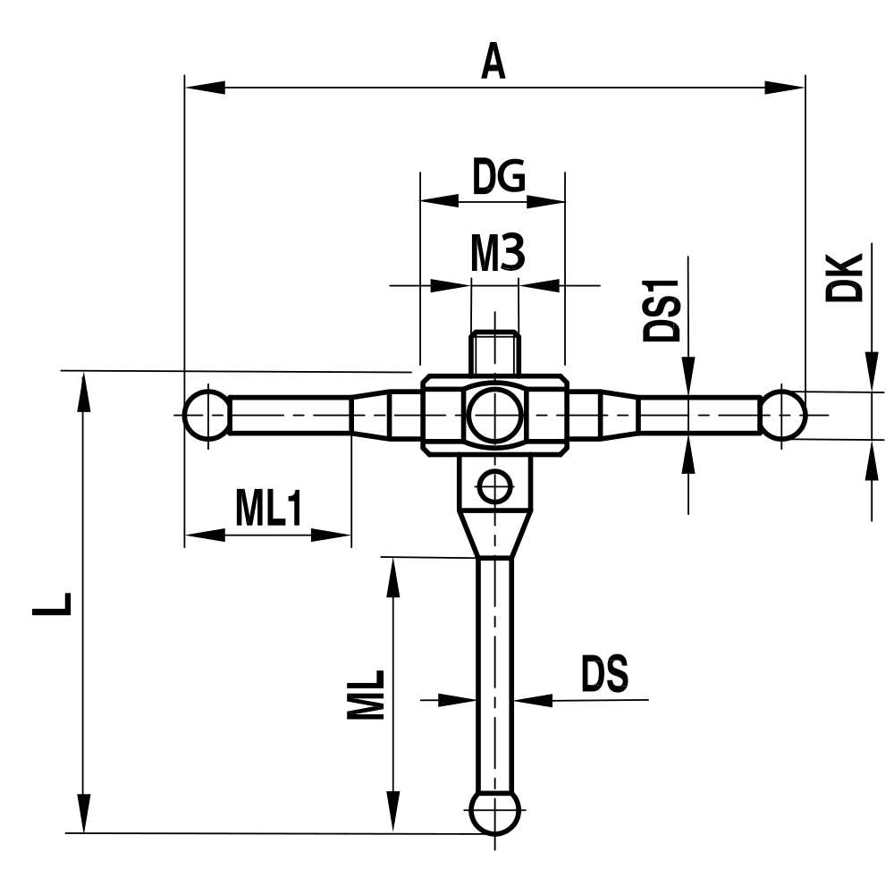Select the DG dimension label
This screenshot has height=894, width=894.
(498, 178)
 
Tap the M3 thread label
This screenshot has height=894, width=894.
(497, 257)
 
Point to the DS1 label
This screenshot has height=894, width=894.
(662, 311)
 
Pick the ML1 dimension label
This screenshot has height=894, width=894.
(269, 510)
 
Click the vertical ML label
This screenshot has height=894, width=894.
(366, 695)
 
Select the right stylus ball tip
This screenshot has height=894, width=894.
(784, 415)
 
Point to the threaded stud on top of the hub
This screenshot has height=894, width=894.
(494, 351)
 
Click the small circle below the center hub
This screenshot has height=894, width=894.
(494, 486)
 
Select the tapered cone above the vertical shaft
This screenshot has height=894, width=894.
(494, 532)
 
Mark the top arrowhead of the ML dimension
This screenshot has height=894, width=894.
(392, 577)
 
